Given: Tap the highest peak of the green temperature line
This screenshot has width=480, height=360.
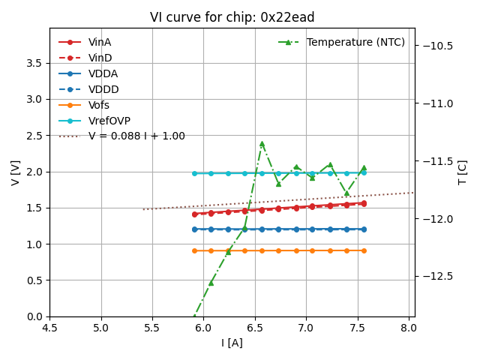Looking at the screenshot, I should (262, 143).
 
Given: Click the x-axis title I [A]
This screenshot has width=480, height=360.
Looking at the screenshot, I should (232, 343).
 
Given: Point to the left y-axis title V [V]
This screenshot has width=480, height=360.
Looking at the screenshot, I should (16, 172).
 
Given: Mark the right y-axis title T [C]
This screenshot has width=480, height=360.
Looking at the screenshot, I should (462, 172).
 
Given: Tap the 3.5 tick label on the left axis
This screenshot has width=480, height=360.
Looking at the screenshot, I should (34, 63).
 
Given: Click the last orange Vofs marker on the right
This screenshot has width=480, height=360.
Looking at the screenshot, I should (364, 250).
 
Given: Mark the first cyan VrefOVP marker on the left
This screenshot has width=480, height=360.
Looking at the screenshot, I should (194, 173).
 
